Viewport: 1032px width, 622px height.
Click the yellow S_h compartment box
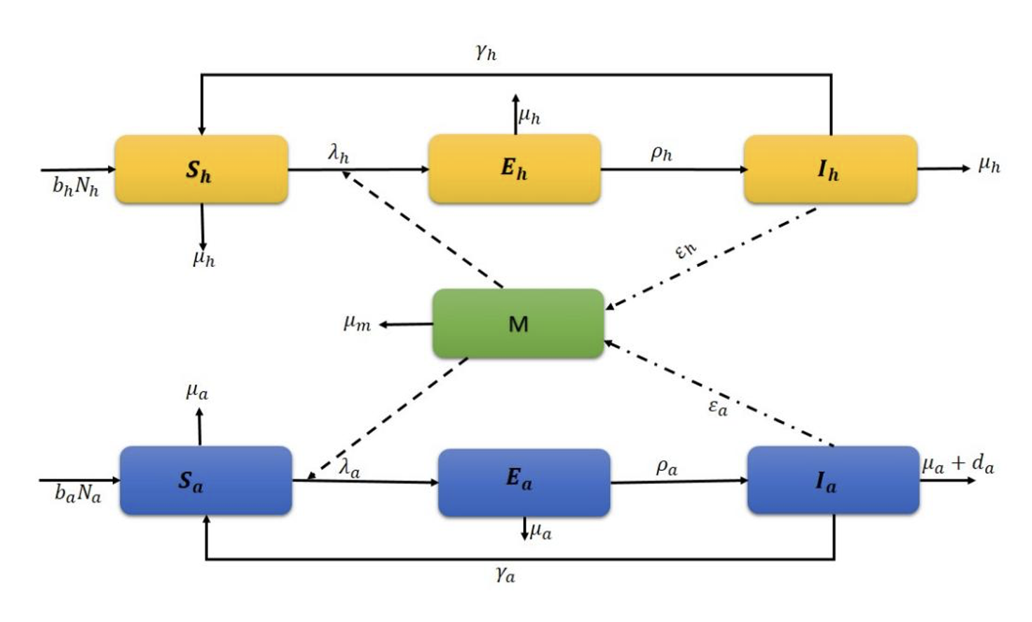coord(201,170)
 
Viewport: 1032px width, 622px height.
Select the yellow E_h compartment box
coord(514,169)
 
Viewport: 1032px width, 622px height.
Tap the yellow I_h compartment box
coord(830,170)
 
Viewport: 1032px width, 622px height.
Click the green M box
coord(518,324)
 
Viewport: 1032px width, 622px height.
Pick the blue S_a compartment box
coord(205,481)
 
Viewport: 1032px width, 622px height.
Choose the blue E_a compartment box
coord(524,483)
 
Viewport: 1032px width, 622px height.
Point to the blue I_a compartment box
coord(833,481)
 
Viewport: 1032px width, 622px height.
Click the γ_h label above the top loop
coord(486,51)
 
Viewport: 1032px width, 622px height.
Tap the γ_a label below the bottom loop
coord(505,574)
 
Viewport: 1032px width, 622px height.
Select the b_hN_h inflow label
coord(76,186)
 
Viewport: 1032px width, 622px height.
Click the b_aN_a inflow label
coord(78,494)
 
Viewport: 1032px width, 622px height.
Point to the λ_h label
coord(339,153)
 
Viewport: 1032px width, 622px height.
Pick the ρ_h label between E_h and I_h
coord(661,153)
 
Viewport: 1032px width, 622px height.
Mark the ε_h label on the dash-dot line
coord(686,249)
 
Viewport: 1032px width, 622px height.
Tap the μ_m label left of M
coord(357,323)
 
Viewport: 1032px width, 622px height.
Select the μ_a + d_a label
coord(958,464)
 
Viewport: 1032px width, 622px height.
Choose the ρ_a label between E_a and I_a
coord(667,466)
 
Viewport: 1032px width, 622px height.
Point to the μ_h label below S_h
coord(204,258)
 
